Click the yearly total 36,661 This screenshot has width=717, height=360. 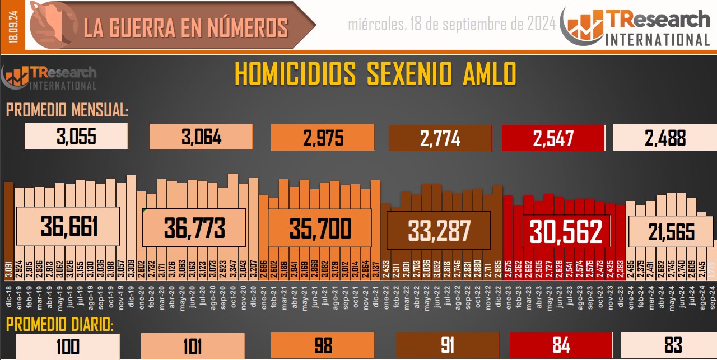69,227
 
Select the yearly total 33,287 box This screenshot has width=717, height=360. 440,231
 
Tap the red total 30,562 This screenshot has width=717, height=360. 566,231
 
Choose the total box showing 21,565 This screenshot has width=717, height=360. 671,231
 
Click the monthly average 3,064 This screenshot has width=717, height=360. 201,137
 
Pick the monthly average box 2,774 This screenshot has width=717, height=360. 440,138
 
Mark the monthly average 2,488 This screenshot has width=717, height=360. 665,138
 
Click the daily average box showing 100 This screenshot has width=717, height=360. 68,345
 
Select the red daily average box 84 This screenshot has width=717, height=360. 561,345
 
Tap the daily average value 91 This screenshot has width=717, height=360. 447,345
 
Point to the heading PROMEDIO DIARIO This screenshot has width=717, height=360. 60,325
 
